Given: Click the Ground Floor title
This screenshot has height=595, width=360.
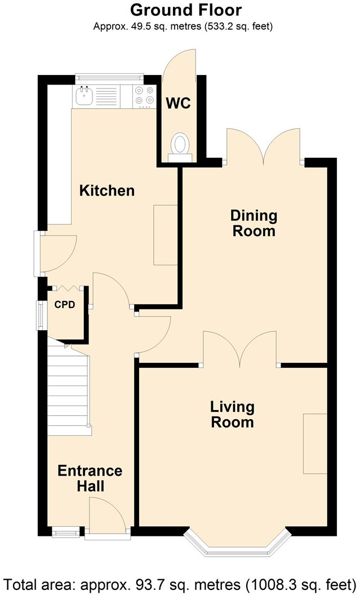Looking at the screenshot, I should [x=186, y=10].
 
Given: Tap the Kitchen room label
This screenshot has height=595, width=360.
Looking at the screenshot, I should [x=106, y=190].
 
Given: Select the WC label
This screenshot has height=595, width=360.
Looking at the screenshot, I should [x=177, y=104].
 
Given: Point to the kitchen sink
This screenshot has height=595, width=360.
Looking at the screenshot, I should [x=85, y=96].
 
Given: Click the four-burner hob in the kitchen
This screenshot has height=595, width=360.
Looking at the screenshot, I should [x=144, y=96].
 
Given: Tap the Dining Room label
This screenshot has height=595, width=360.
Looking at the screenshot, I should [x=254, y=223].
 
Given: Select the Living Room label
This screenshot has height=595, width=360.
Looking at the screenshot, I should [x=232, y=414].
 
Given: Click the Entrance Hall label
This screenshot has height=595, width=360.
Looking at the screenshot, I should [x=90, y=478].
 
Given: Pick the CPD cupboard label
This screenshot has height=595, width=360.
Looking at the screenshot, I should [x=65, y=305].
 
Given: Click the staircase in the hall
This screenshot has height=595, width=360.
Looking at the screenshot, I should [x=68, y=389].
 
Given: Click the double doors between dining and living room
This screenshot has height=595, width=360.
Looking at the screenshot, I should [x=241, y=349].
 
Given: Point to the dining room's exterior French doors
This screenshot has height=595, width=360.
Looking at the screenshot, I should [x=263, y=146].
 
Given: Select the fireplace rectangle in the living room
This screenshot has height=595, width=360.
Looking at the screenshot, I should [x=315, y=443].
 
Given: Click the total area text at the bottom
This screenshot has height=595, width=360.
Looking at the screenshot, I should [x=180, y=582].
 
